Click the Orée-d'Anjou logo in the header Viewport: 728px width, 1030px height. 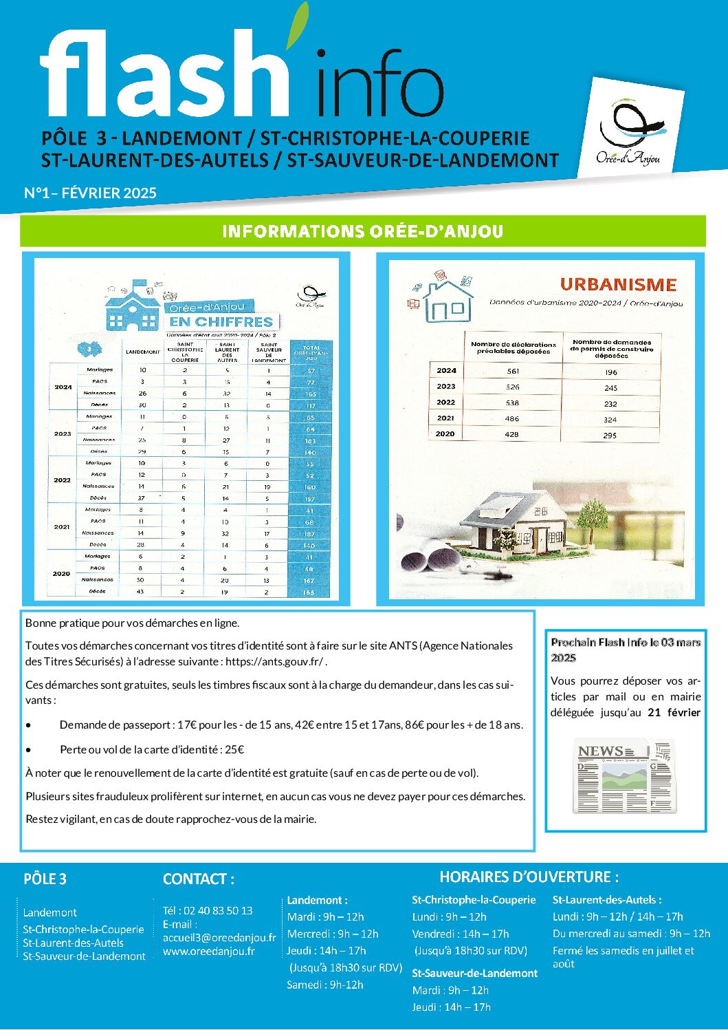[x=630, y=131]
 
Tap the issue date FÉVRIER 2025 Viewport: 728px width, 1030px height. [x=109, y=193]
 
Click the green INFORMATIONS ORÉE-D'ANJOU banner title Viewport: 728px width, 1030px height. [x=363, y=231]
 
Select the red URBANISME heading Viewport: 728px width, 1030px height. [x=618, y=284]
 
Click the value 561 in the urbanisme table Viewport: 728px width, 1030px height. [x=513, y=371]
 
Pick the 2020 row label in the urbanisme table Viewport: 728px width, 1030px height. [x=445, y=434]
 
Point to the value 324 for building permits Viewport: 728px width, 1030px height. [x=610, y=419]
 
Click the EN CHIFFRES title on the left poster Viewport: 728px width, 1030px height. [x=221, y=322]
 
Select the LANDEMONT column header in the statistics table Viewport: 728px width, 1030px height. [x=143, y=352]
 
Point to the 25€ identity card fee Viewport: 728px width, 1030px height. [x=234, y=749]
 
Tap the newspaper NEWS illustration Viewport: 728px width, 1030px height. [x=624, y=776]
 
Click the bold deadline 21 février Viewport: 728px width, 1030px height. [x=674, y=713]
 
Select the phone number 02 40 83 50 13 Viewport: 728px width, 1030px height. [x=218, y=910]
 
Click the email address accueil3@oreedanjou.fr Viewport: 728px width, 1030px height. [x=219, y=937]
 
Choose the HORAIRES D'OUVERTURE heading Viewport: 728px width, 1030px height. [x=529, y=877]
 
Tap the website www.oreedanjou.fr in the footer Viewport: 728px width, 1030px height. [x=209, y=952]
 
